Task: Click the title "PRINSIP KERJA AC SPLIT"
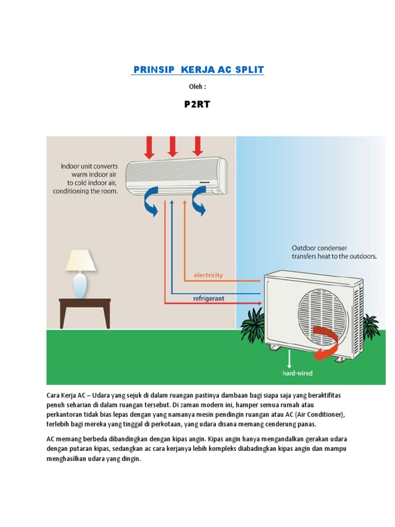pyautogui.click(x=197, y=69)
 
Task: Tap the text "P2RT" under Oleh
pyautogui.click(x=197, y=104)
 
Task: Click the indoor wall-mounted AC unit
pyautogui.click(x=176, y=175)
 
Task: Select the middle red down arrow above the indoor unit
pyautogui.click(x=173, y=146)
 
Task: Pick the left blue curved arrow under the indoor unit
pyautogui.click(x=152, y=203)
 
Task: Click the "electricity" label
pyautogui.click(x=208, y=275)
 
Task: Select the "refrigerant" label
pyautogui.click(x=208, y=298)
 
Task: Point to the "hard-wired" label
pyautogui.click(x=297, y=373)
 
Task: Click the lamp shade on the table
pyautogui.click(x=81, y=261)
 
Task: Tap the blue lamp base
pyautogui.click(x=80, y=286)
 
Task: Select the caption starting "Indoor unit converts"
pyautogui.click(x=85, y=179)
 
